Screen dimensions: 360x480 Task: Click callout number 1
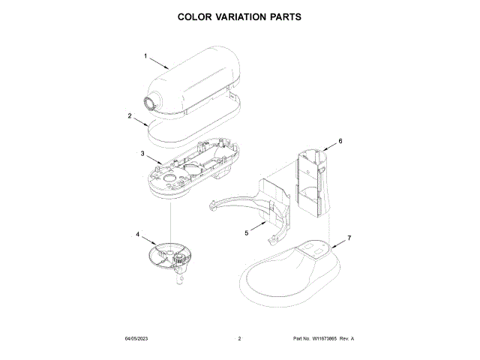click(145, 56)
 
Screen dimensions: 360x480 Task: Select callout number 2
click(130, 115)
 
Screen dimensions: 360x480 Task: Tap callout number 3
click(142, 154)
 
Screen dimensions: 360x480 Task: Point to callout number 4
click(137, 234)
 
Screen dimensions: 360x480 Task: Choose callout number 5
click(246, 233)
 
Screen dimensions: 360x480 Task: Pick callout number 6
click(340, 141)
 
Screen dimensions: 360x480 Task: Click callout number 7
click(349, 238)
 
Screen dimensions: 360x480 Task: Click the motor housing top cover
click(199, 79)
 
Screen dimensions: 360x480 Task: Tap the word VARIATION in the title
click(240, 16)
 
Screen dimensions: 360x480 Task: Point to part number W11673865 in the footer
click(325, 339)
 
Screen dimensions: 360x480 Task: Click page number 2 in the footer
click(239, 339)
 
